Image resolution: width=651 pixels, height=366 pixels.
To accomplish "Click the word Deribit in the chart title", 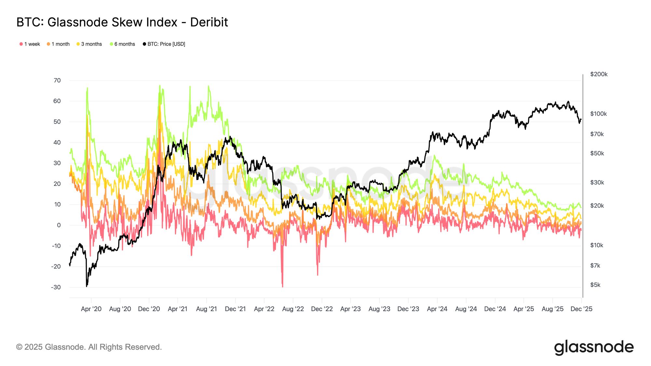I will tap(209, 22).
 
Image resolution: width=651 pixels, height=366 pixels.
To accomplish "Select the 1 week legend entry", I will tap(30, 44).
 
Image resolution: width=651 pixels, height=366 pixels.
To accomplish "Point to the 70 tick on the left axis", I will tap(57, 80).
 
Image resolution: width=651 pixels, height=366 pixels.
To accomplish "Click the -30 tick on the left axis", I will tap(56, 287).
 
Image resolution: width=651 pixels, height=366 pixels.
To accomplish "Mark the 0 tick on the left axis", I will tap(59, 225).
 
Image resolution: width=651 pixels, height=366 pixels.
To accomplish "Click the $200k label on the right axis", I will tap(599, 74).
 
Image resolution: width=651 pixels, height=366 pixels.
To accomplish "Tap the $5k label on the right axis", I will tap(595, 285).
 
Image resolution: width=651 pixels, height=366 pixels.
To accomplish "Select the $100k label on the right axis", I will tap(598, 114).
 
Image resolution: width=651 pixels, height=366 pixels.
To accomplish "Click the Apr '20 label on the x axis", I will tap(91, 309).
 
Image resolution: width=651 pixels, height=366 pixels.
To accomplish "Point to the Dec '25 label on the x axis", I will tap(581, 309).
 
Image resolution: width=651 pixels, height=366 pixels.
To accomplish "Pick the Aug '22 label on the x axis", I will tap(293, 309).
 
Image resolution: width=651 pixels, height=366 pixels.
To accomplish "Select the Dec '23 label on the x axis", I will tap(408, 309).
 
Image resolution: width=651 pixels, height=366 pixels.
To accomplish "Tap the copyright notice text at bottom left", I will tap(89, 347).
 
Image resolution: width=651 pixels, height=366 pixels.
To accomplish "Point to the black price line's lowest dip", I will tap(87, 286).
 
